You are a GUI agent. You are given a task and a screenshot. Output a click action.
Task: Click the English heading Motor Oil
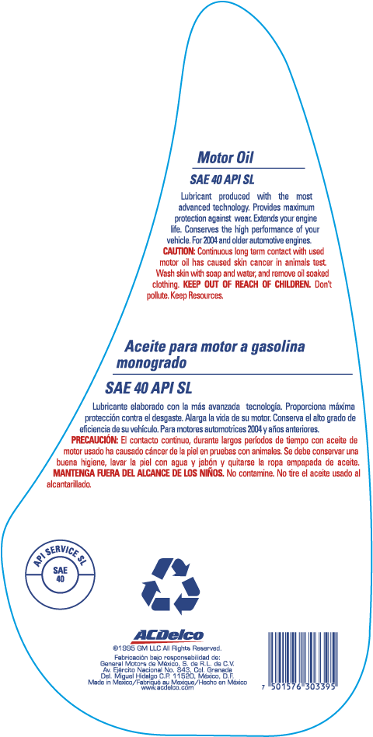point(226,158)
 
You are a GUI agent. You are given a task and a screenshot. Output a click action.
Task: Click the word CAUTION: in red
point(179,250)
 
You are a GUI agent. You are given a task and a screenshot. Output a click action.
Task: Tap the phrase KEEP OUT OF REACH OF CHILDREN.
point(246,285)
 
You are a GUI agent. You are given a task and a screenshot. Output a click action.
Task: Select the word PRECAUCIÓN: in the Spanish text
point(94,441)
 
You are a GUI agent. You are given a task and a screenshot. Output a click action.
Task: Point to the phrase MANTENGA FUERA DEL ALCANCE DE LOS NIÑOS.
point(139,473)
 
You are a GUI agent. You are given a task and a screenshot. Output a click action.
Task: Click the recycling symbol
point(170,585)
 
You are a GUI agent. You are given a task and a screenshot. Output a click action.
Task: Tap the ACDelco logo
point(168,636)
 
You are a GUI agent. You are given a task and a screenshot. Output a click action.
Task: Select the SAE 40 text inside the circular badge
point(61,574)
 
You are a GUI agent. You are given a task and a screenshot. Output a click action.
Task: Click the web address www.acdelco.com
point(167,687)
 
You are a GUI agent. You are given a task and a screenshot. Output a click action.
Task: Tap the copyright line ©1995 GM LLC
point(168,648)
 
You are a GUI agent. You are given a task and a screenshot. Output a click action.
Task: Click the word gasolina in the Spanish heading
point(272,348)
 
